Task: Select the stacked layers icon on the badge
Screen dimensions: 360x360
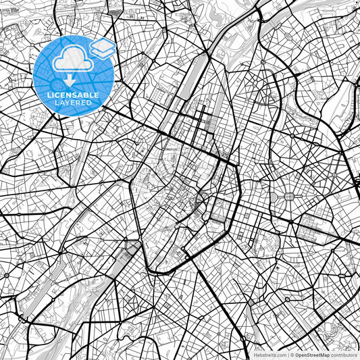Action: tap(102, 49)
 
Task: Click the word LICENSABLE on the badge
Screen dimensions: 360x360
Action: tap(73, 95)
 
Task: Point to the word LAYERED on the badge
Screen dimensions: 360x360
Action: tap(73, 103)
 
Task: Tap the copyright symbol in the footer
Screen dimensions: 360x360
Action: tap(292, 355)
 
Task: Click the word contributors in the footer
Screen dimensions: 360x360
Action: tap(344, 355)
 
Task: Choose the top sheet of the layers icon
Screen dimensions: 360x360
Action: tap(102, 44)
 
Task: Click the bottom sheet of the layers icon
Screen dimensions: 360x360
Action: tap(102, 53)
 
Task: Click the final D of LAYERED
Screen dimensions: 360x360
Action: tap(91, 103)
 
